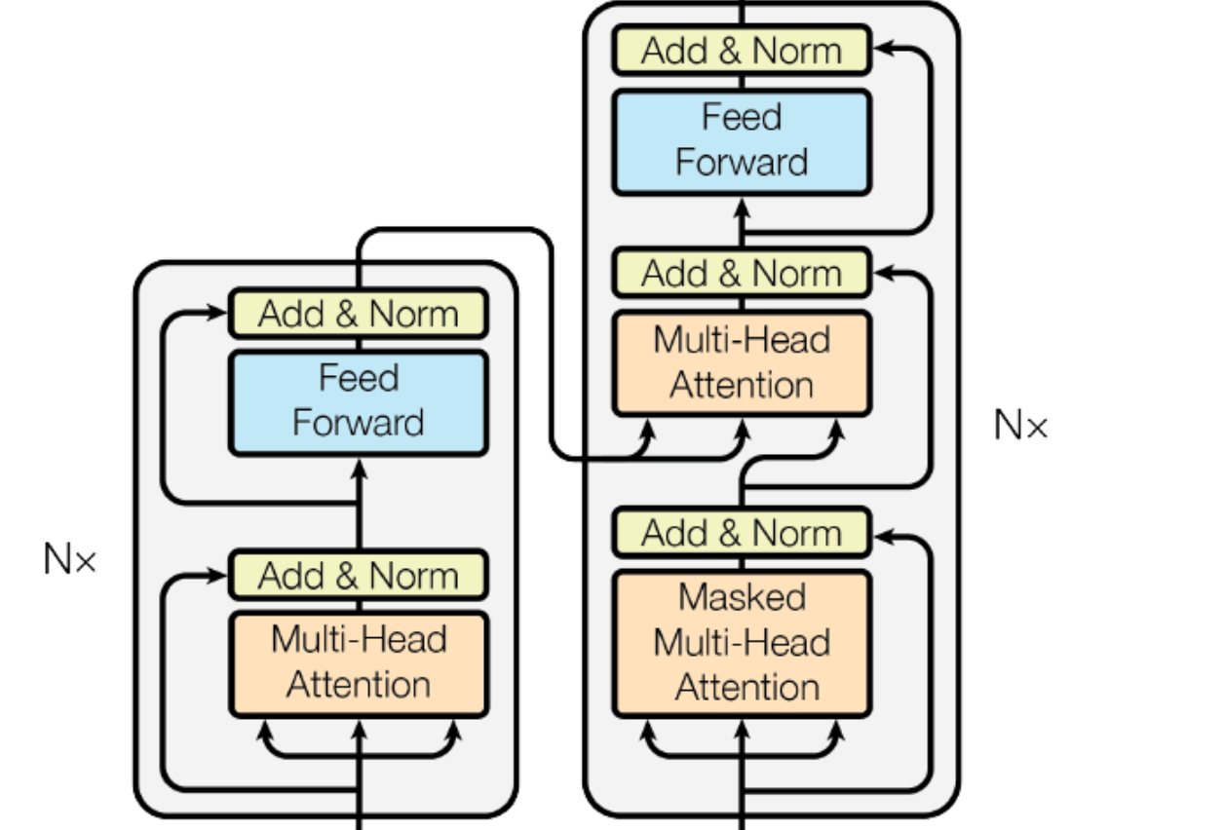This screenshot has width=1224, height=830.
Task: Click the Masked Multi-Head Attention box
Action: (742, 643)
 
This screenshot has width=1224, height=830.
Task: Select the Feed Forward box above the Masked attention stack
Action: (742, 140)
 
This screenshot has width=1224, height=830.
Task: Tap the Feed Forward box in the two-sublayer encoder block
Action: (358, 401)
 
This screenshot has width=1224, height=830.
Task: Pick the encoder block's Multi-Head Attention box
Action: (358, 662)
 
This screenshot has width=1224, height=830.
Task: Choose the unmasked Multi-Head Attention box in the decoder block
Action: (742, 362)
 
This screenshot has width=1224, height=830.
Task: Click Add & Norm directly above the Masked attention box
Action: (742, 533)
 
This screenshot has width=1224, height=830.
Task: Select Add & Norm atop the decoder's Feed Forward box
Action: (742, 51)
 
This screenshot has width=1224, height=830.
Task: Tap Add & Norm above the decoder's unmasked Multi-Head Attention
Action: (742, 274)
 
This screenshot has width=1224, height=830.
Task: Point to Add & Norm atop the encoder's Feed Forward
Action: (358, 314)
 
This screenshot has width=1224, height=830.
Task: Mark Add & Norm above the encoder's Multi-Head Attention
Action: (358, 575)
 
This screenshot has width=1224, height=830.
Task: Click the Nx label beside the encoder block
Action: (69, 560)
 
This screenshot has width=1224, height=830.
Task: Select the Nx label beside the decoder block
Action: (1020, 425)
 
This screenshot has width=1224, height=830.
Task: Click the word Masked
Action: (742, 597)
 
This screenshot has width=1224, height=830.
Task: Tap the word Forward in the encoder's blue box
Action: (358, 424)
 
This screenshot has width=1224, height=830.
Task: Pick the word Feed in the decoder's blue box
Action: (742, 118)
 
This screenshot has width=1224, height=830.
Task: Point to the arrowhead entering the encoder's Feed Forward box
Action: (358, 465)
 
